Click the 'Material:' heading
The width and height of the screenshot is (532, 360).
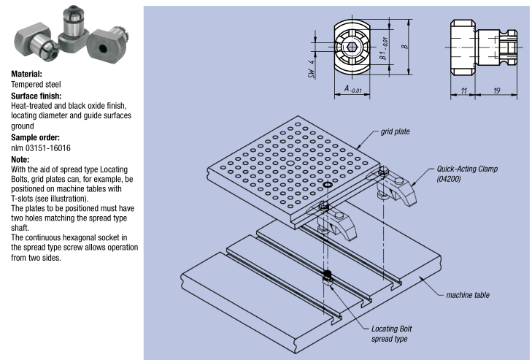tap(26, 74)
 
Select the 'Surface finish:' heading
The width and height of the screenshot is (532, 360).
tap(35, 95)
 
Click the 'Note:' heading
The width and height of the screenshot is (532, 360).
tap(19, 157)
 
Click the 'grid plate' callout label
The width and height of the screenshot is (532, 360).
tap(395, 132)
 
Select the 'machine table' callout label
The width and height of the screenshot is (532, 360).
tap(468, 295)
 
